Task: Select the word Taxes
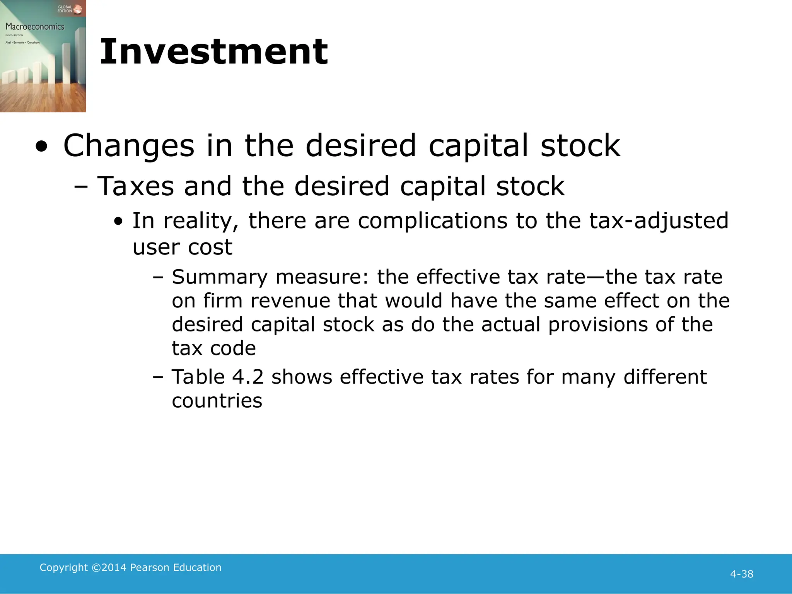(x=135, y=186)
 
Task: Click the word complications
(x=432, y=221)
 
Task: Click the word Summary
(x=220, y=277)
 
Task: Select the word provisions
(x=598, y=324)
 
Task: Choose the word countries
(x=217, y=401)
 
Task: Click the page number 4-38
(x=741, y=574)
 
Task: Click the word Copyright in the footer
(x=63, y=567)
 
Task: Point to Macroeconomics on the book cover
(x=35, y=27)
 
